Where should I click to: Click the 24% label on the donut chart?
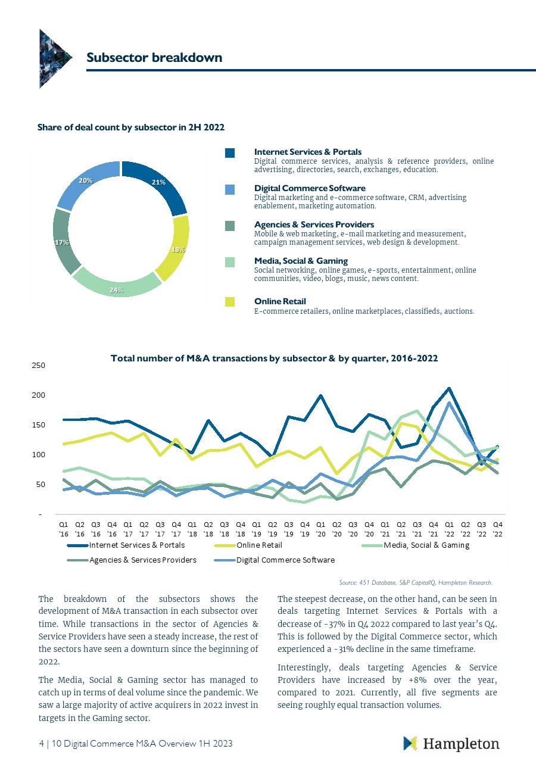click(x=117, y=290)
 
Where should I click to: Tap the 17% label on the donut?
click(x=61, y=242)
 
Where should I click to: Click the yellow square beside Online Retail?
click(x=230, y=302)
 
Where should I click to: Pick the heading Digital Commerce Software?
click(x=310, y=188)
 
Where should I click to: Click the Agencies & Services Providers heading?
click(x=314, y=224)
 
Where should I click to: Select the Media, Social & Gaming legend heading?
click(x=301, y=261)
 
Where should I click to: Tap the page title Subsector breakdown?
click(x=154, y=57)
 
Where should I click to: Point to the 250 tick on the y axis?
click(x=38, y=365)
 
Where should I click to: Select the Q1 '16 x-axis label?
click(x=64, y=528)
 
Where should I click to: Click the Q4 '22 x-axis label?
click(x=498, y=528)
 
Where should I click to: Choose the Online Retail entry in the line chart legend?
click(x=259, y=545)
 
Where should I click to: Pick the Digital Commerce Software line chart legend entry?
click(x=285, y=560)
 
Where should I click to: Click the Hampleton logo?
click(x=451, y=744)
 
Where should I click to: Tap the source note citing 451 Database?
click(x=415, y=582)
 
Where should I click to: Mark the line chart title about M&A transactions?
click(x=274, y=358)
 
